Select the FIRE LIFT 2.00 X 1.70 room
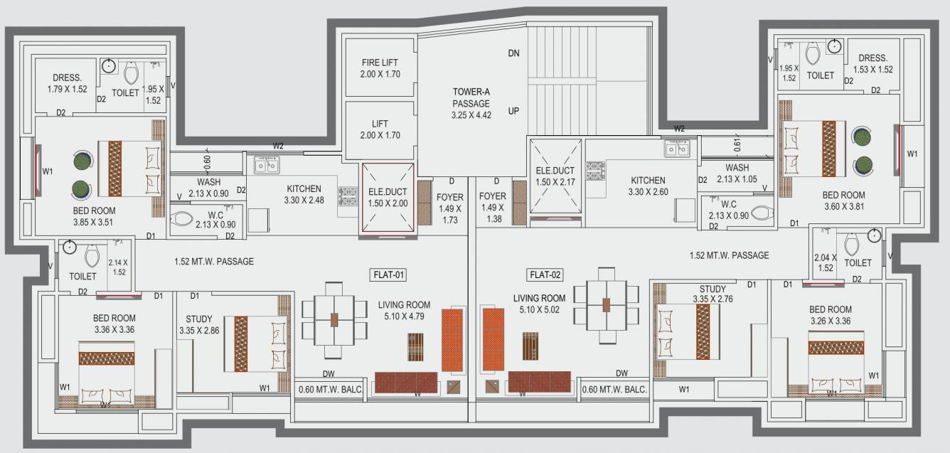click(380, 68)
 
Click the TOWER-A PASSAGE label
click(471, 103)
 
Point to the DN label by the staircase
click(514, 53)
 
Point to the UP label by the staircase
click(514, 112)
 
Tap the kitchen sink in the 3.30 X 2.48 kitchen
click(267, 166)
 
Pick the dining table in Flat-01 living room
click(334, 319)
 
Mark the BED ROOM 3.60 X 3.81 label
click(843, 200)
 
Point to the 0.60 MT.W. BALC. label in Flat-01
click(329, 389)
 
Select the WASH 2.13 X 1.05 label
click(737, 173)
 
